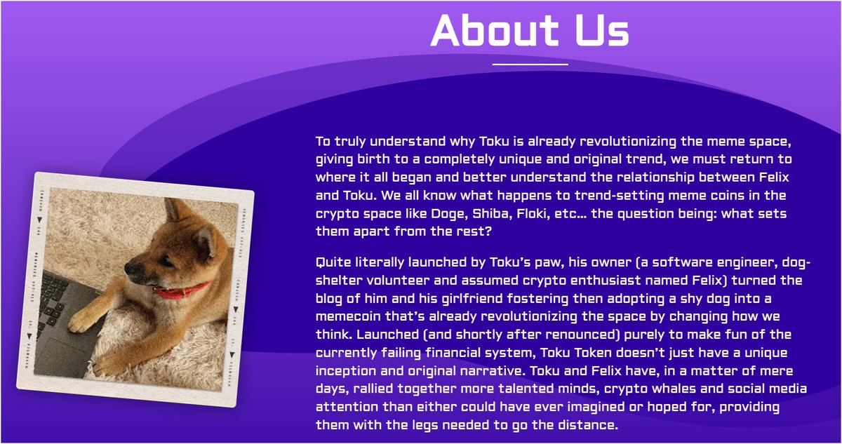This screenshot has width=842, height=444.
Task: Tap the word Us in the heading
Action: tap(599, 31)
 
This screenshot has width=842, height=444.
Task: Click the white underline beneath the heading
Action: tap(530, 64)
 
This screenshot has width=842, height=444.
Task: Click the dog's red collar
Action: tap(184, 290)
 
